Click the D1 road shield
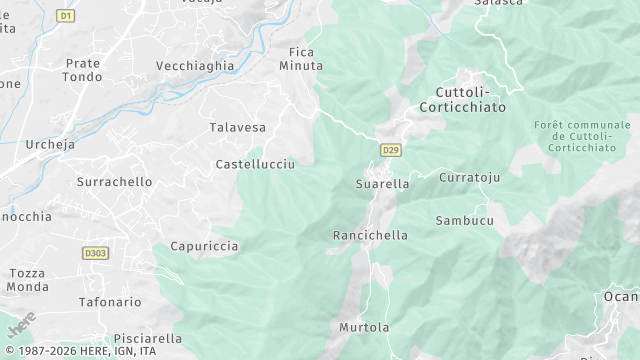pyautogui.click(x=66, y=16)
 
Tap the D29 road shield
pyautogui.click(x=390, y=150)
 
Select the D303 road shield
pyautogui.click(x=95, y=254)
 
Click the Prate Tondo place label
pyautogui.click(x=83, y=70)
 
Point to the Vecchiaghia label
pyautogui.click(x=195, y=66)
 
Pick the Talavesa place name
pyautogui.click(x=237, y=128)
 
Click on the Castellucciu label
pyautogui.click(x=255, y=163)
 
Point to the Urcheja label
pyautogui.click(x=49, y=144)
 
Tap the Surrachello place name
pyautogui.click(x=114, y=182)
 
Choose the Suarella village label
pyautogui.click(x=382, y=184)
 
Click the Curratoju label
pyautogui.click(x=469, y=177)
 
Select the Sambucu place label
pyautogui.click(x=464, y=220)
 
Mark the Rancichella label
pyautogui.click(x=370, y=236)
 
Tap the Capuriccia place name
pyautogui.click(x=204, y=245)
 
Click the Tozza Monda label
pyautogui.click(x=28, y=280)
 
